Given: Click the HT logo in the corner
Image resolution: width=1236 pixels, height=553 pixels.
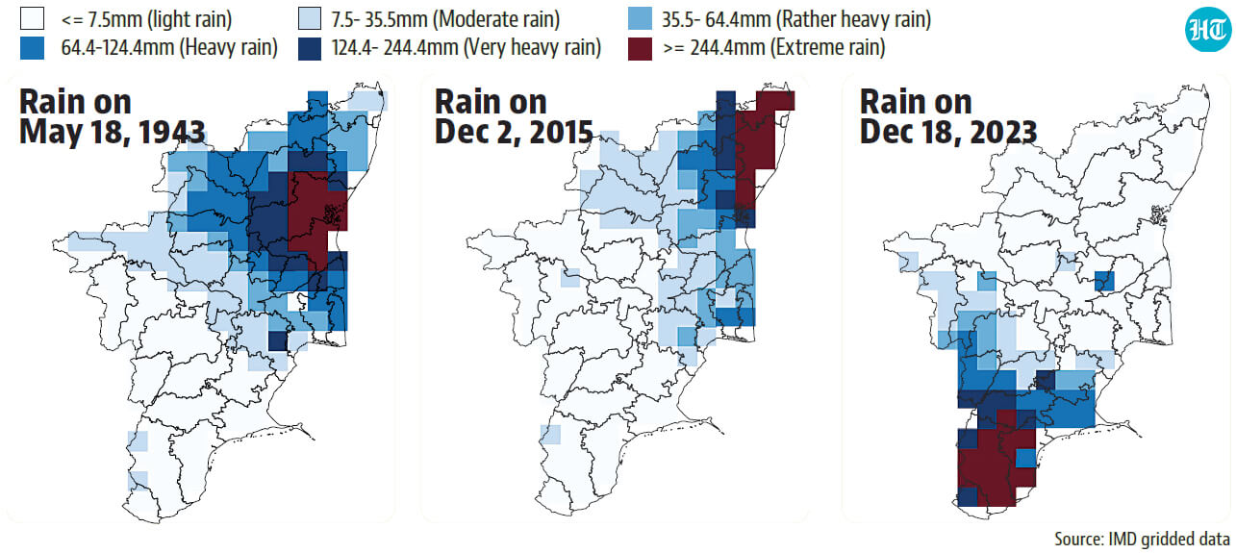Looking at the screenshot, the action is [1208, 29].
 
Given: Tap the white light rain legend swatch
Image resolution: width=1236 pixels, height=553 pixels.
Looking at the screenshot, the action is [32, 18].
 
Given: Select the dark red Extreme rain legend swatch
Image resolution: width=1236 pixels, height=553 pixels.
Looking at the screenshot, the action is [640, 48].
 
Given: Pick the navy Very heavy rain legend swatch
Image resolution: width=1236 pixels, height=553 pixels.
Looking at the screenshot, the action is [310, 48].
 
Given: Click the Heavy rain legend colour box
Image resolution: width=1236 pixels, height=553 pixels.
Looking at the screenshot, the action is [32, 48].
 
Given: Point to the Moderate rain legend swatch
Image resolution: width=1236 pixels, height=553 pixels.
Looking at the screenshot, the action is [310, 18].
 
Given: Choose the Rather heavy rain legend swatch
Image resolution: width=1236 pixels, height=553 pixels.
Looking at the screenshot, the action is [640, 18].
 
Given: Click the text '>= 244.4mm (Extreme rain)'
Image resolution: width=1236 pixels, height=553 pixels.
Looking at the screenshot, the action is [774, 48].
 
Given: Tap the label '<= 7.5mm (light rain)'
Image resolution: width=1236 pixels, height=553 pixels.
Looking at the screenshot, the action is [146, 19].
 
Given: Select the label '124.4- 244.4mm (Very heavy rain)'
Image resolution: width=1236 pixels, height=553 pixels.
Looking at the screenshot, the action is [467, 48].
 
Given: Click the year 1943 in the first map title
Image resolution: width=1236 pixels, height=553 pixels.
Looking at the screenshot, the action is [171, 132].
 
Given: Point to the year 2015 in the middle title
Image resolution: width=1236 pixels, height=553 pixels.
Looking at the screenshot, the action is [559, 132].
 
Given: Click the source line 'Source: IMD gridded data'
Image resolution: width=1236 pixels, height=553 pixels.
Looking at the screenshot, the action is [1142, 539].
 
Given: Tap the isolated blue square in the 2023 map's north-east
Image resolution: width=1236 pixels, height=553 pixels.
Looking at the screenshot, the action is [1104, 281].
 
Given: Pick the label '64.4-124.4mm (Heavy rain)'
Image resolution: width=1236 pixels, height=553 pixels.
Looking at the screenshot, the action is [169, 48].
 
